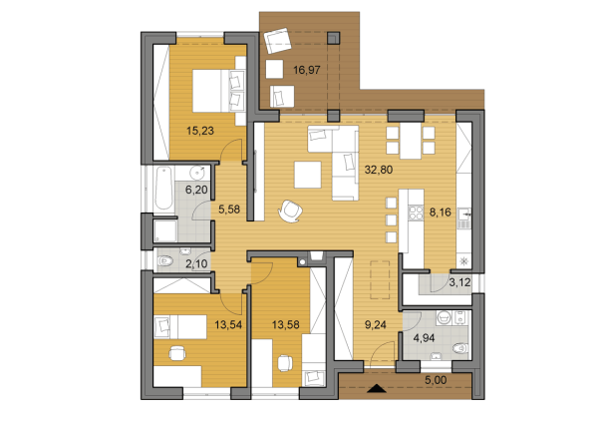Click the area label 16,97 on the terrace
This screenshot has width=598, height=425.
tap(307, 70)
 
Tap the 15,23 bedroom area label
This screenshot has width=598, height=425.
tap(200, 131)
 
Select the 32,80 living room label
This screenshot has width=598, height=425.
tap(379, 170)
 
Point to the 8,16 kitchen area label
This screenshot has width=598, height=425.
tap(441, 212)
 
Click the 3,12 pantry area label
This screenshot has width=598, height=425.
tap(459, 283)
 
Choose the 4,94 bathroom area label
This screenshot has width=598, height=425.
tap(425, 338)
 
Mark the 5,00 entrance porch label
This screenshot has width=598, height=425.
tap(436, 380)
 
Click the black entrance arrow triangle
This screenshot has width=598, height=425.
tap(377, 388)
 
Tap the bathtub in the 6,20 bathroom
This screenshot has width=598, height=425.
tap(164, 189)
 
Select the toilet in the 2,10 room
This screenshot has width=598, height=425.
tap(165, 261)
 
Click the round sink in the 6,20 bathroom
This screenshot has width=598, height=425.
tap(197, 173)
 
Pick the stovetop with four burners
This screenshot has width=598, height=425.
tap(416, 213)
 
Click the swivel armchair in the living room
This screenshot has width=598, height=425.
tap(290, 211)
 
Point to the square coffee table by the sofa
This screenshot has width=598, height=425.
tap(307, 175)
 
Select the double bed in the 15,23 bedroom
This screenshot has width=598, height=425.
tap(218, 91)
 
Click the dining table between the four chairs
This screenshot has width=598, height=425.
tap(411, 141)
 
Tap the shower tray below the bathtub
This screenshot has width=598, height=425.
tap(165, 231)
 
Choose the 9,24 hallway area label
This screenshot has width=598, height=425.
tap(376, 325)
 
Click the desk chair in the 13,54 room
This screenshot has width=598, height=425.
tap(177, 353)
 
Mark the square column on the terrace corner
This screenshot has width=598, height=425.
tap(333, 38)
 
